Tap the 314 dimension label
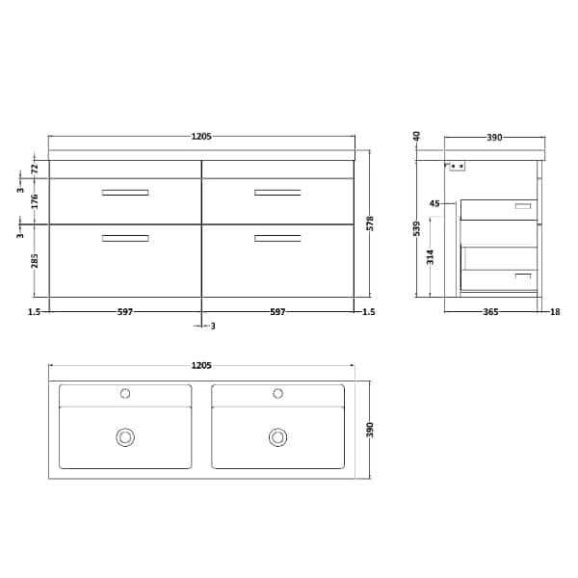[431, 255]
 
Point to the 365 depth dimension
[492, 312]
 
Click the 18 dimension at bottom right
[555, 312]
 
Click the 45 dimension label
[434, 204]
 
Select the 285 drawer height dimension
[35, 261]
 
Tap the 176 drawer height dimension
[35, 201]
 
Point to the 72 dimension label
[35, 169]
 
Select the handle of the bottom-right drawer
[277, 238]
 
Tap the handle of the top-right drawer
[277, 194]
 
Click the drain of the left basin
[125, 437]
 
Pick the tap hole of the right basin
[278, 393]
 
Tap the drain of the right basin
[278, 437]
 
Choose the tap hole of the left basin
[125, 393]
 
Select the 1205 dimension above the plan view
[201, 365]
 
